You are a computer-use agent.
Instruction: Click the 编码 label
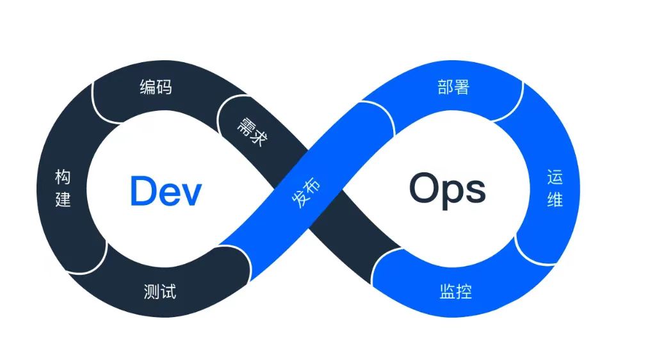click(x=156, y=87)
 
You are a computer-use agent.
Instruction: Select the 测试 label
click(x=160, y=292)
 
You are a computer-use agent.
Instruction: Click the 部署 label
click(x=453, y=87)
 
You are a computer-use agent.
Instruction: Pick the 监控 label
click(x=456, y=292)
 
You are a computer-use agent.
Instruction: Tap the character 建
click(x=63, y=199)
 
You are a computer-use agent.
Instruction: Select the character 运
click(x=555, y=177)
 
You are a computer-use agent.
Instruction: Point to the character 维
click(x=555, y=199)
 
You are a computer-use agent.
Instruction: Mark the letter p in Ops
click(x=455, y=193)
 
